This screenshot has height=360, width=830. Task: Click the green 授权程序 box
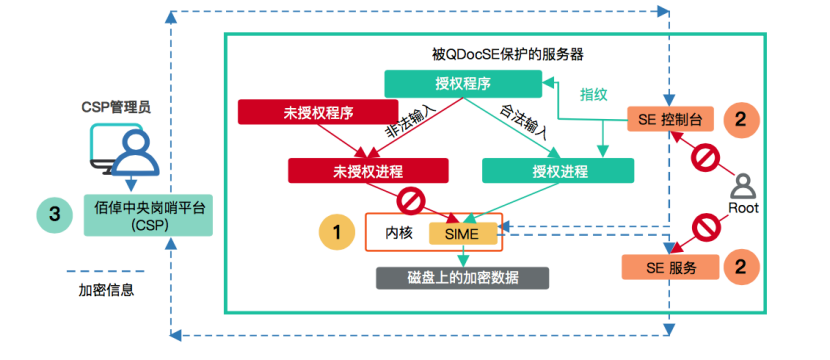point(441,84)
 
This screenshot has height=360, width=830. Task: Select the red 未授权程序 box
point(296,110)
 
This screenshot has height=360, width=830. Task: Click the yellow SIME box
point(462,233)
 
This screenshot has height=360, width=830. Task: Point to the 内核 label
point(399,233)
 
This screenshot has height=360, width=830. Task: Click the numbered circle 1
point(337,232)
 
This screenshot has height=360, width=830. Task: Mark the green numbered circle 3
point(53,214)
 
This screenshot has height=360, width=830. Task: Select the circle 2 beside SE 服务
point(740,267)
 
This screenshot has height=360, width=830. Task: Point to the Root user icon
point(742,187)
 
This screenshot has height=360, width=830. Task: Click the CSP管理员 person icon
point(127,148)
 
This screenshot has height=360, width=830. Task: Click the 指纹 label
point(595,94)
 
